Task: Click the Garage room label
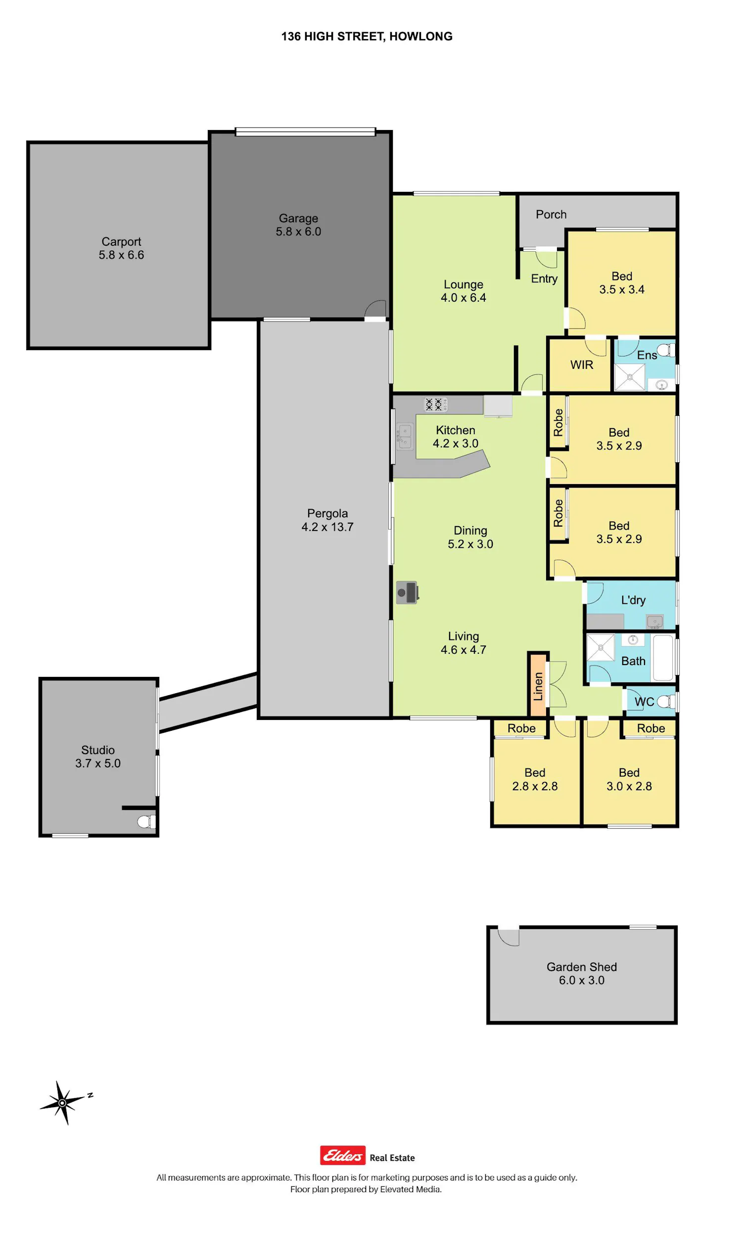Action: click(x=298, y=218)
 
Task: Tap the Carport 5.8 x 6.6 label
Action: click(x=121, y=248)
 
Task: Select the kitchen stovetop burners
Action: click(x=435, y=404)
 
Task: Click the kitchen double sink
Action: click(x=405, y=436)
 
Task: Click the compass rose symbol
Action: click(x=62, y=1103)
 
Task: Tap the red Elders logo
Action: click(x=342, y=1155)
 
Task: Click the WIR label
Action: click(x=582, y=365)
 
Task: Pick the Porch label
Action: click(x=551, y=215)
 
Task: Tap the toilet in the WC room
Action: click(x=664, y=701)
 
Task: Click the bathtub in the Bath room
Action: click(x=662, y=657)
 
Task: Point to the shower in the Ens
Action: click(x=630, y=377)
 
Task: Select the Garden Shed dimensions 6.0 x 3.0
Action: click(x=582, y=980)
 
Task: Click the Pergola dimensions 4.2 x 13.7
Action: click(x=327, y=527)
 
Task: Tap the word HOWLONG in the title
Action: click(x=420, y=37)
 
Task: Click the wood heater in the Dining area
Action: click(x=407, y=593)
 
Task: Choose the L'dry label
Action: click(x=633, y=600)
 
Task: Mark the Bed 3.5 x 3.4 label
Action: click(x=621, y=283)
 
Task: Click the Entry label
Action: click(x=544, y=279)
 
